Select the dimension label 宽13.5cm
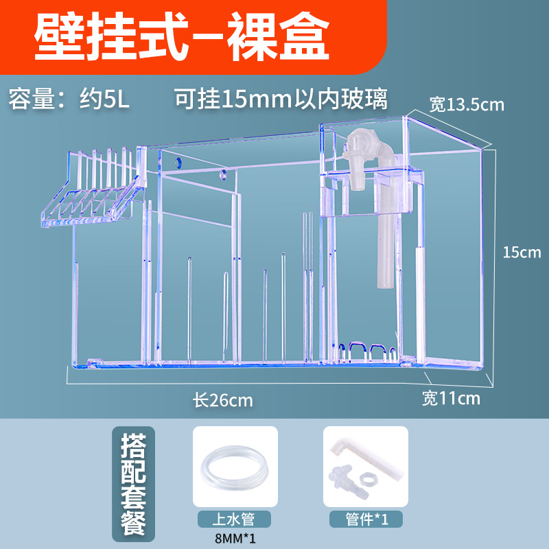tap(467, 104)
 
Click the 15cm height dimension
tap(522, 253)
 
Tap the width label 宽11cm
tap(451, 398)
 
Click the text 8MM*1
tap(235, 538)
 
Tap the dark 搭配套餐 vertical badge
tap(137, 484)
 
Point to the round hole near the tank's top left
tap(178, 163)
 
